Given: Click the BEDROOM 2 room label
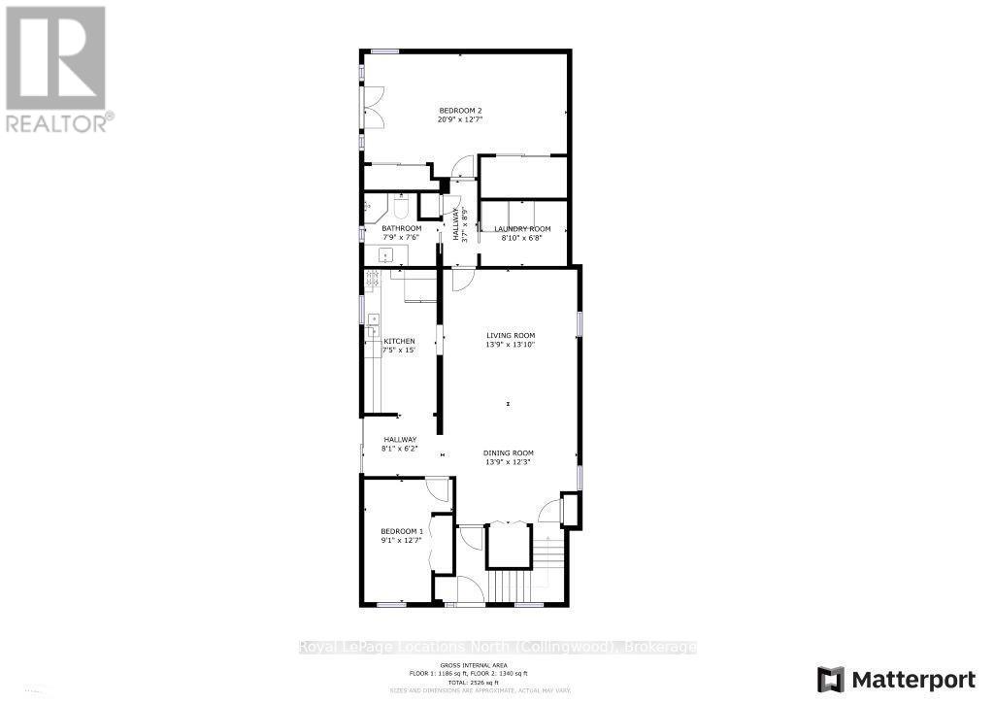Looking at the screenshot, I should [x=459, y=111].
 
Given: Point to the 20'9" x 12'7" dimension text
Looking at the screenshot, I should [x=459, y=119].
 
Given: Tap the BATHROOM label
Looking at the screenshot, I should [x=401, y=229].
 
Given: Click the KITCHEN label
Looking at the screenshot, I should [x=399, y=341].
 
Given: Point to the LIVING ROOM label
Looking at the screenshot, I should [x=511, y=336].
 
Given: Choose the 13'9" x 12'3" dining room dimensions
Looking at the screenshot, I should [x=509, y=462].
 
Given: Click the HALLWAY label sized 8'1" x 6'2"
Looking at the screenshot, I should [x=399, y=440].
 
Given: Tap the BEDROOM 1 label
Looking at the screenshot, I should [x=401, y=531].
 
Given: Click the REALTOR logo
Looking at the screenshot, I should [x=56, y=68].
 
